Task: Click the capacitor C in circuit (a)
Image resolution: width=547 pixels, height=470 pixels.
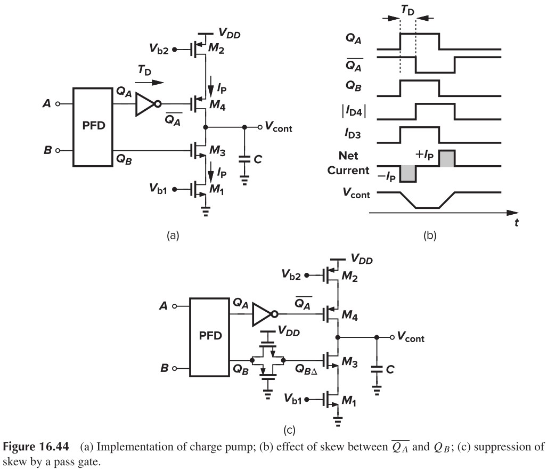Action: (x=244, y=159)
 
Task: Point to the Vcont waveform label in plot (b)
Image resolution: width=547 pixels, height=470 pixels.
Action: (x=355, y=195)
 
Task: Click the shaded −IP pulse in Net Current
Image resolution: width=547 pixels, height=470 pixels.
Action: (x=407, y=173)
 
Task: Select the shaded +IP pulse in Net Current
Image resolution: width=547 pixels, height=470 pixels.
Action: (x=446, y=158)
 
